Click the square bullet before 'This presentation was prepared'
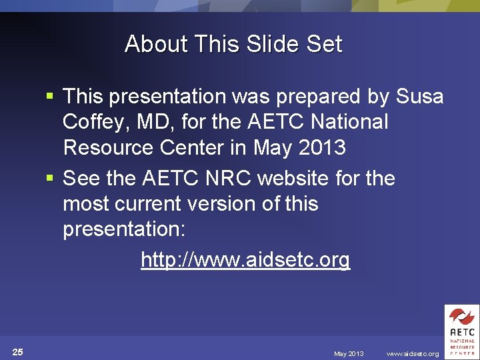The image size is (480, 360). (x=49, y=97)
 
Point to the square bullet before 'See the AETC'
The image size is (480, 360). (x=49, y=179)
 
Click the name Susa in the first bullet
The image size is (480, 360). (x=419, y=97)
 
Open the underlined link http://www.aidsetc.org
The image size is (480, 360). (x=245, y=259)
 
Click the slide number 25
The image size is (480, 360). (x=18, y=352)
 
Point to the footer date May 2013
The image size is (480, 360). (x=349, y=354)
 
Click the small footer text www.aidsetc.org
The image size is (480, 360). (x=413, y=354)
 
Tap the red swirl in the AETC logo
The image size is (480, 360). (x=461, y=317)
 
